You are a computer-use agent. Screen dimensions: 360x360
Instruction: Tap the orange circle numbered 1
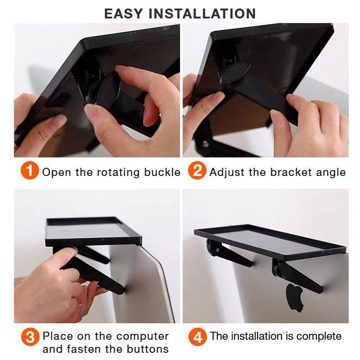click(30, 171)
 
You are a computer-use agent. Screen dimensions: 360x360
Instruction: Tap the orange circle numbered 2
click(197, 171)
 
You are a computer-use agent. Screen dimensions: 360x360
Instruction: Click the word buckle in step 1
click(162, 172)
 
